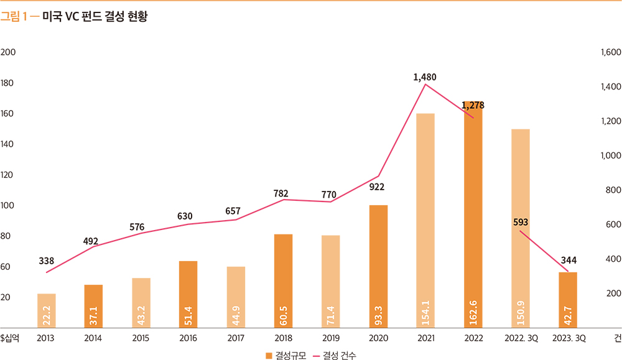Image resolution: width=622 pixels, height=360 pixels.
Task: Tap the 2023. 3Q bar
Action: click(x=567, y=300)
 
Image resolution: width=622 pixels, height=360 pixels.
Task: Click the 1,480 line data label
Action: click(x=425, y=78)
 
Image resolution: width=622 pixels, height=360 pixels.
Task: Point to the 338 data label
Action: click(x=47, y=261)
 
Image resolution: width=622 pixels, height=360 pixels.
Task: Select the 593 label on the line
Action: click(x=521, y=222)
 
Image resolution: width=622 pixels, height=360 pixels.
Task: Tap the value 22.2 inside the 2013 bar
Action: click(x=47, y=316)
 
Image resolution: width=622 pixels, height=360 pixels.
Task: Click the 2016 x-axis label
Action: click(x=188, y=338)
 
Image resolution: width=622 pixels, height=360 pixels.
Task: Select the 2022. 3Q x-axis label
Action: click(x=521, y=338)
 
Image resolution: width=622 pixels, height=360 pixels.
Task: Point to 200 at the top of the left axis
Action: click(x=8, y=52)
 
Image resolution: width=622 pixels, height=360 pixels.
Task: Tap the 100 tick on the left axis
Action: click(x=8, y=205)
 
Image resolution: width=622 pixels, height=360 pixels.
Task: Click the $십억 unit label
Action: click(x=11, y=338)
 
